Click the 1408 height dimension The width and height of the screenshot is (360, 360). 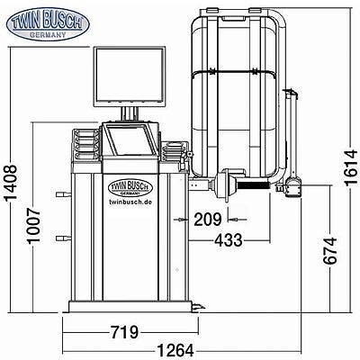(11, 182)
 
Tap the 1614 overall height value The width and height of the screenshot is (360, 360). (351, 168)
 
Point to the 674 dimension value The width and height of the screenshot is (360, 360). (330, 251)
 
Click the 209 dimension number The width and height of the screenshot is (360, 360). (208, 220)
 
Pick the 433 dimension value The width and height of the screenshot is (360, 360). (229, 240)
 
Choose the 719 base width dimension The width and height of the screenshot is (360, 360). (125, 332)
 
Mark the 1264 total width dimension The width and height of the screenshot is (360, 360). (175, 351)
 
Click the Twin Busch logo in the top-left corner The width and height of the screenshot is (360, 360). (48, 24)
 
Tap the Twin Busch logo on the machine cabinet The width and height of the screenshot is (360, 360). (130, 188)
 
